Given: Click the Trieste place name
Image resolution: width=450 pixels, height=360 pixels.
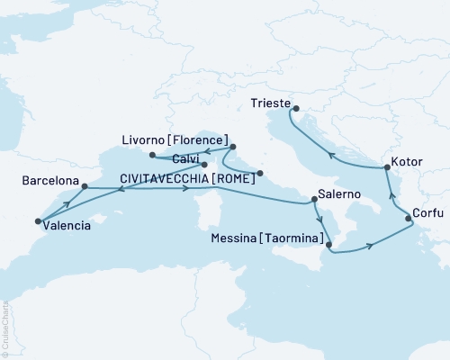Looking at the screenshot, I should [x=266, y=105].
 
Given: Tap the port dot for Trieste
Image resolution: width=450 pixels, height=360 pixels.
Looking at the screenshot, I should [x=295, y=110].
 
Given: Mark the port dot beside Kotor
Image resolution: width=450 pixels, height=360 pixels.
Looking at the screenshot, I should [x=387, y=167].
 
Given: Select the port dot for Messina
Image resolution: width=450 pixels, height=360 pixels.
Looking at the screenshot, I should [x=328, y=244].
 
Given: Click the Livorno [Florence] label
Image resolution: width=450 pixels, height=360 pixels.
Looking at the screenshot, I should [x=171, y=140].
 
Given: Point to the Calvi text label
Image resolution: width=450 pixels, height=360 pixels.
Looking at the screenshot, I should [x=183, y=160].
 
